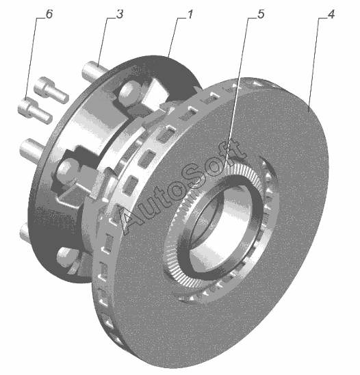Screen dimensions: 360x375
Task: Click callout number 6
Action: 49,14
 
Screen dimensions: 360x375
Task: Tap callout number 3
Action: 120,14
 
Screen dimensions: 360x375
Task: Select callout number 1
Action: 190,14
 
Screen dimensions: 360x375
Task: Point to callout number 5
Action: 261,14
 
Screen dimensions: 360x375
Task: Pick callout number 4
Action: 331,14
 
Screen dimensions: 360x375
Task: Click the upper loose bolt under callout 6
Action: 51,90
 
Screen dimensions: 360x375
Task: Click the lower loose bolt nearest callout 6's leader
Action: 35,111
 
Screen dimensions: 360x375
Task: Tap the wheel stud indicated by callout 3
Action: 94,70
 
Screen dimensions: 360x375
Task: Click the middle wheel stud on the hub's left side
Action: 31,149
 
